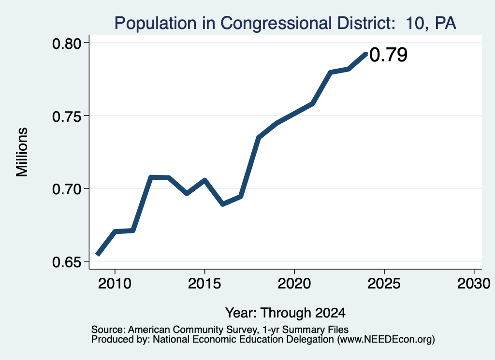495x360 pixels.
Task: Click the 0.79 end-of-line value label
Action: (x=388, y=55)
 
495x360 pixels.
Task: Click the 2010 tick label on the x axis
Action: (x=115, y=283)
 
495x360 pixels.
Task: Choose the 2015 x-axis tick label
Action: (x=204, y=283)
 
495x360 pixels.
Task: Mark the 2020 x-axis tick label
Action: (x=294, y=283)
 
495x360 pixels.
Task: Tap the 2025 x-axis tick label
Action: (x=384, y=283)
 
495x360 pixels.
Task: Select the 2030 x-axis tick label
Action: (x=474, y=283)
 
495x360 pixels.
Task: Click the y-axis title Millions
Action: (x=22, y=152)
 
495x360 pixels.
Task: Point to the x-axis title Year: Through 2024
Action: (x=285, y=313)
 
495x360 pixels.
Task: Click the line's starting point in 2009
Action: (x=98, y=254)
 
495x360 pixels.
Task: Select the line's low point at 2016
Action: (x=223, y=204)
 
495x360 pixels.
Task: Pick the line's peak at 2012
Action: (x=151, y=177)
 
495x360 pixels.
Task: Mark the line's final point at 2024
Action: (x=366, y=54)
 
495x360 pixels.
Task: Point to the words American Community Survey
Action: (x=192, y=330)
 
